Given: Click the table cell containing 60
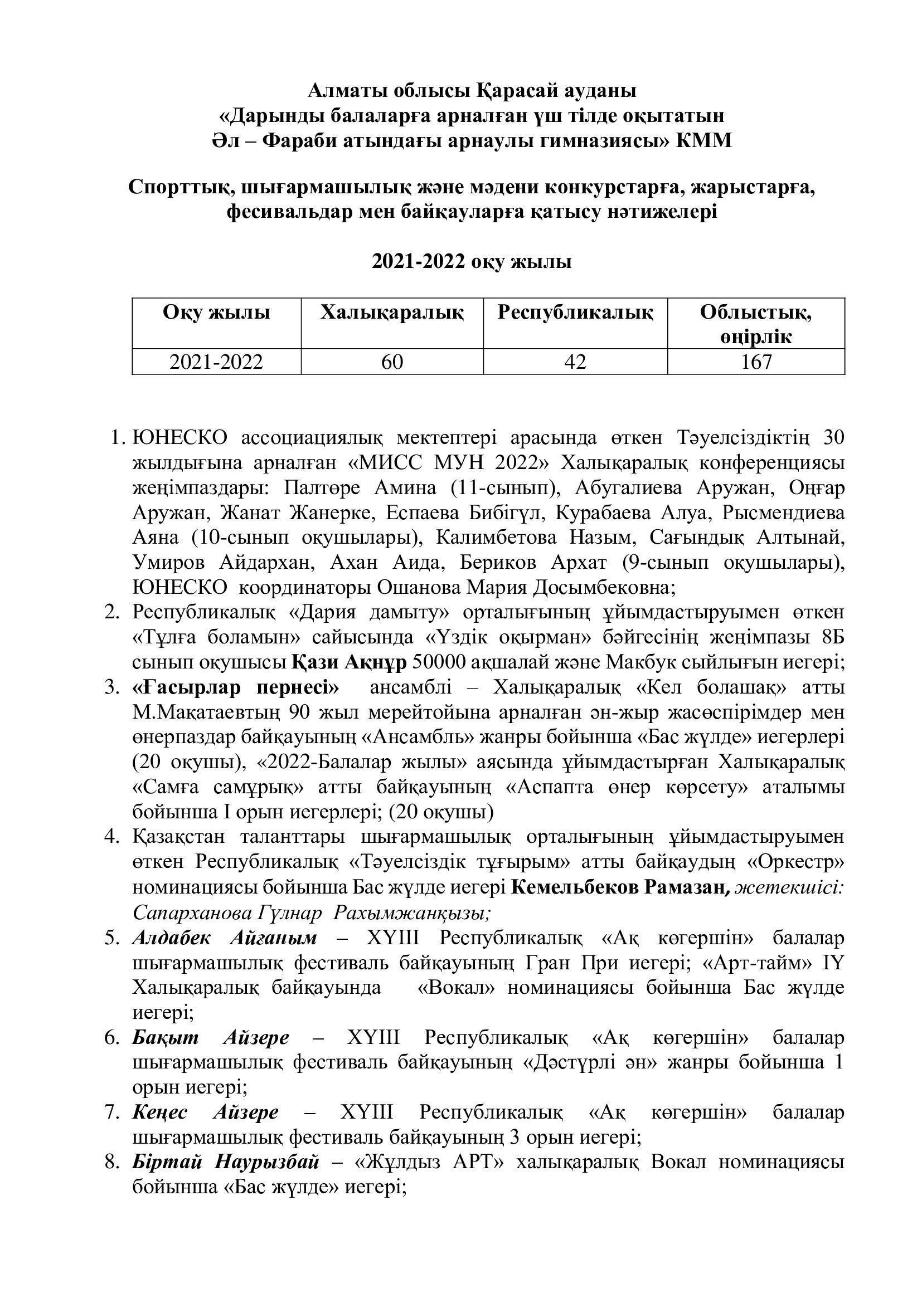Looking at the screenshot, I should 392,362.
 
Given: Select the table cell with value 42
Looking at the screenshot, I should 575,362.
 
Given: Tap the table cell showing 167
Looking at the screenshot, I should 756,362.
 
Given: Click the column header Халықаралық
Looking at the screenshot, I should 392,313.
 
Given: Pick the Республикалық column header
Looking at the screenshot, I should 575,313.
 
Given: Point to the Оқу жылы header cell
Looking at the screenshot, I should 216,313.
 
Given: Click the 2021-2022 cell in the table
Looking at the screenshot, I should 216,362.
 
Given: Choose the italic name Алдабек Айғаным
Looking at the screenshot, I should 225,938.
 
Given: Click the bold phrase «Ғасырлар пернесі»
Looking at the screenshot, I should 236,687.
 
